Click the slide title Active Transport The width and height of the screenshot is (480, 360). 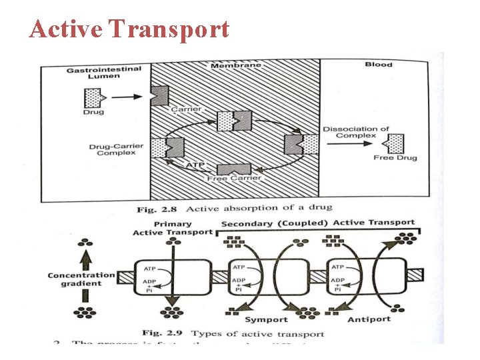point(129,29)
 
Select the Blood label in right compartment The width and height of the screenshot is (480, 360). point(378,65)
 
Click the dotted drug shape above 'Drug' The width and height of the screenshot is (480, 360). point(93,97)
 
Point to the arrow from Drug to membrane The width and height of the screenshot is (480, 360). point(127,97)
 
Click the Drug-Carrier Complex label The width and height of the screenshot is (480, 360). point(112,149)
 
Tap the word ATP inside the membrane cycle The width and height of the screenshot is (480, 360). point(195,164)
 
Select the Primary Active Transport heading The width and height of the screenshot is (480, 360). point(172,228)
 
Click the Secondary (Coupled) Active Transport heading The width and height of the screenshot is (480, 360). point(317,223)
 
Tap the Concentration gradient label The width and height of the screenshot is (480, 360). point(81,279)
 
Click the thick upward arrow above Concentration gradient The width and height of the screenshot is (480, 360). point(85,255)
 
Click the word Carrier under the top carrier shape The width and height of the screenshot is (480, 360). point(187,109)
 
